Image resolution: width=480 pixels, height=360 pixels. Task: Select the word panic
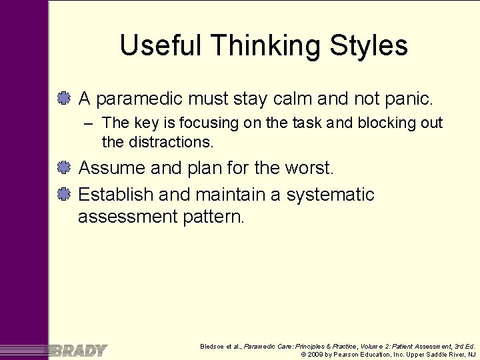[x=409, y=100]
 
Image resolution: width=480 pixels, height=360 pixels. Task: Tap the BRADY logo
[x=78, y=351]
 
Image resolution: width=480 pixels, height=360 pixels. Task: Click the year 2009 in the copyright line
[x=315, y=354]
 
